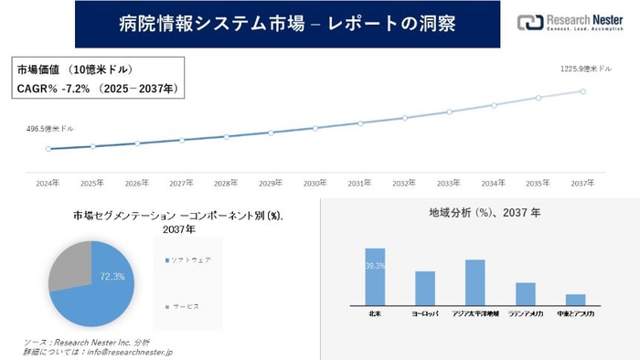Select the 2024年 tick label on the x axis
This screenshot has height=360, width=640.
(x=48, y=183)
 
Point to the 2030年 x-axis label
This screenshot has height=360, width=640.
(x=315, y=183)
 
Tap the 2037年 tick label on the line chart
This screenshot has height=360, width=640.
(x=582, y=183)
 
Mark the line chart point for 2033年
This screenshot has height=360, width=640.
(x=448, y=112)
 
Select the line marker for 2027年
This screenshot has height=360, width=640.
(x=181, y=140)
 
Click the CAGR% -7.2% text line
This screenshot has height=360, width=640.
(x=96, y=88)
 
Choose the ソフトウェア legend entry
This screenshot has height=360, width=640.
(x=188, y=260)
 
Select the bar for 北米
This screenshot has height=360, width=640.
(x=375, y=276)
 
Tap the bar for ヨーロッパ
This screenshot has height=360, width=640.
(x=424, y=288)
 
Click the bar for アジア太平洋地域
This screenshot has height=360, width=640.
(x=475, y=281)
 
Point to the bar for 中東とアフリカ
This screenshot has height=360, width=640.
(x=575, y=299)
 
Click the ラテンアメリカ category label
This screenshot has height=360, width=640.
(x=525, y=313)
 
